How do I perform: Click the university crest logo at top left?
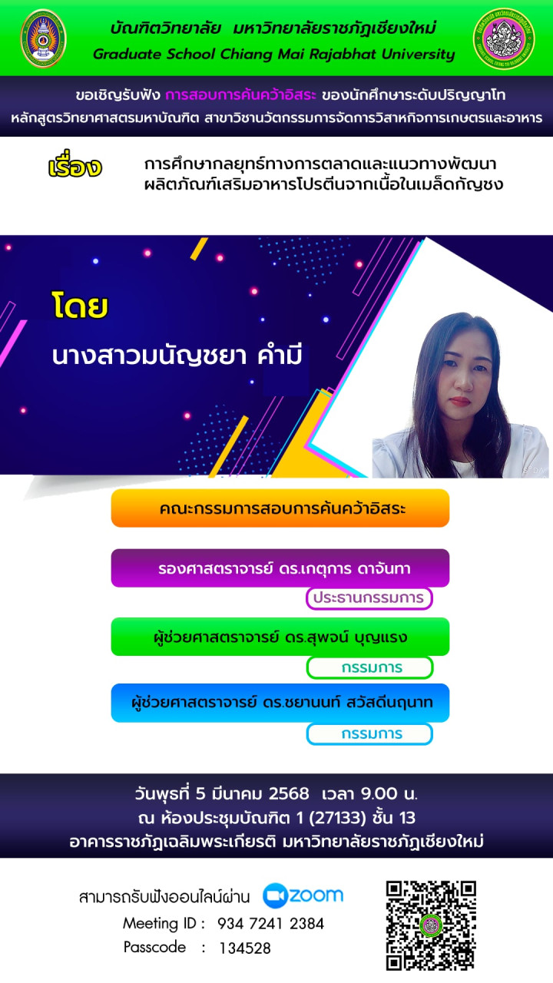tap(43, 38)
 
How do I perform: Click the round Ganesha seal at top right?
tap(503, 38)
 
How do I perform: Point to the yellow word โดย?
tap(80, 305)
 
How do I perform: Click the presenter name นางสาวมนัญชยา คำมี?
tap(177, 356)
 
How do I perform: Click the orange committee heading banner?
tap(280, 508)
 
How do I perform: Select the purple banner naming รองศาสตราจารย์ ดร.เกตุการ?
tap(280, 568)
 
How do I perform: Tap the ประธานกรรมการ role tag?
tap(369, 598)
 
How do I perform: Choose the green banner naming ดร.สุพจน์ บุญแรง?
tap(280, 637)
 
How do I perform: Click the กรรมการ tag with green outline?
tap(369, 667)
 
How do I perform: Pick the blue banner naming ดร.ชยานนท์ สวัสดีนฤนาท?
tap(280, 703)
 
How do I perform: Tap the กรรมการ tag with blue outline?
tap(369, 734)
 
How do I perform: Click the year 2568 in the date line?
tap(289, 793)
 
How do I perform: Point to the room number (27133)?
tap(337, 818)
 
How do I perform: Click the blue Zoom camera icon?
tap(275, 895)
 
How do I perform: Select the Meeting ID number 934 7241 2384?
tap(271, 924)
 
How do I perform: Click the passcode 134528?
tap(245, 948)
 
